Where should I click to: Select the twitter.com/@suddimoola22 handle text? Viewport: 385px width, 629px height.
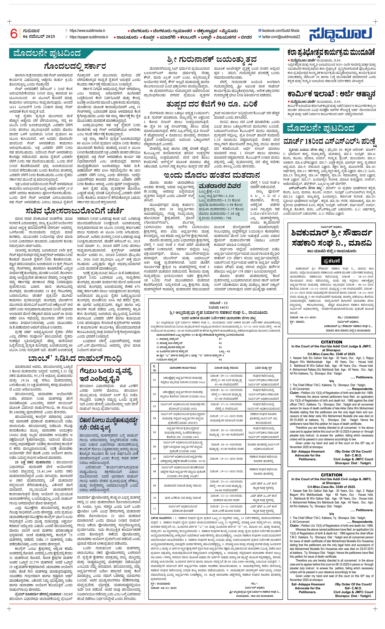[281, 37]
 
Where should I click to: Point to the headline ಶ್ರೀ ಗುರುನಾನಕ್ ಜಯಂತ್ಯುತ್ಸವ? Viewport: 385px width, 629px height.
[212, 60]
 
